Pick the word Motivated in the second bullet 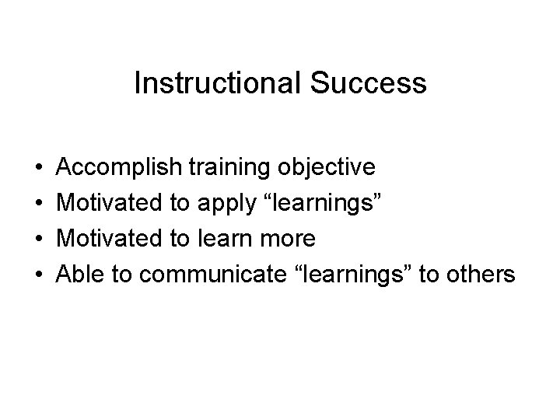(110, 202)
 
